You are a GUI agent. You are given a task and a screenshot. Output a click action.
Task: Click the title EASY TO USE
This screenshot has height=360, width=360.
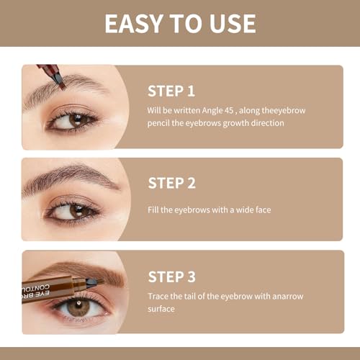point(180,23)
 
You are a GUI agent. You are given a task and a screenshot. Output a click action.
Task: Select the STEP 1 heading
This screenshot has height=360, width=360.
point(172,91)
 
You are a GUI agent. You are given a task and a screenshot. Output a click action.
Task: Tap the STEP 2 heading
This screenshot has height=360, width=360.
point(172,183)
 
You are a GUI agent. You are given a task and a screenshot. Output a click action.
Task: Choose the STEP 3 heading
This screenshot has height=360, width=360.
point(172,276)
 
